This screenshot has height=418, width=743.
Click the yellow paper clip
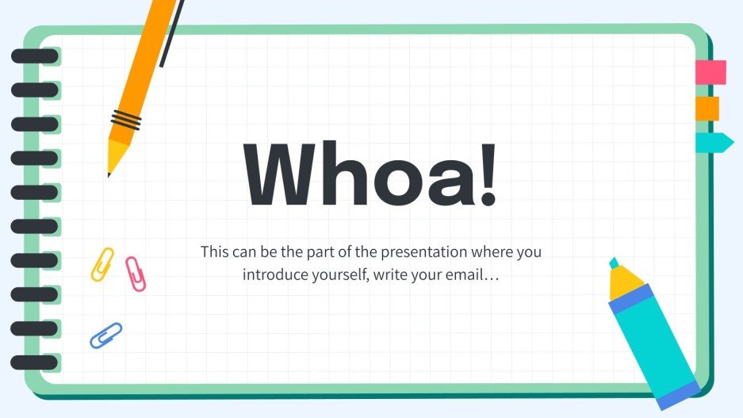coord(102,264)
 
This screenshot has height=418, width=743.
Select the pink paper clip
coord(136,274)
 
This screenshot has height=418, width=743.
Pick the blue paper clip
coord(105,335)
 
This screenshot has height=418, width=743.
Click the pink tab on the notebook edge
coord(710,72)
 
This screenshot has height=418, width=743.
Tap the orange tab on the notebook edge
coord(707,108)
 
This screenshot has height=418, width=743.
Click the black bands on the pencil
coord(126,121)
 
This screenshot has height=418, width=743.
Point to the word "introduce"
coord(273,276)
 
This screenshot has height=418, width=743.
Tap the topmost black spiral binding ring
coord(34,56)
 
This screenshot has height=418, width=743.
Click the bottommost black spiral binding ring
coord(34,362)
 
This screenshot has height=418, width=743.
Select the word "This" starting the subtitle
coord(214,252)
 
